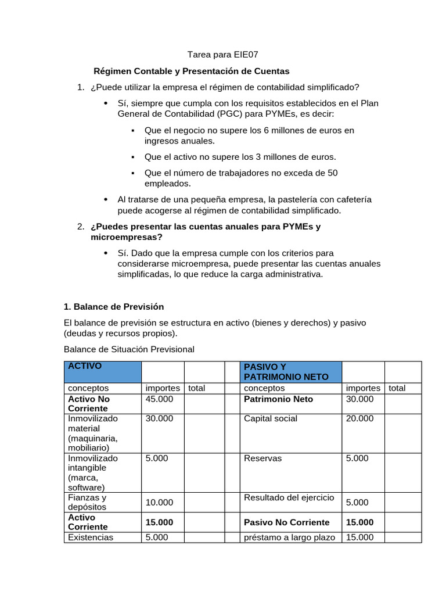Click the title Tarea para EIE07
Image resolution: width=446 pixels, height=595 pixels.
pos(222,55)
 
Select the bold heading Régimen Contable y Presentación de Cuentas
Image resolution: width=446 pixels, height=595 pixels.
pos(192,71)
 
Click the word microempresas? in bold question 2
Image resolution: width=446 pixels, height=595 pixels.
pos(127,237)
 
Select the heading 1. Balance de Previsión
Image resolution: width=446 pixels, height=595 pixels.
pos(114,306)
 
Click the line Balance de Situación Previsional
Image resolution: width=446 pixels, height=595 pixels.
pos(129,349)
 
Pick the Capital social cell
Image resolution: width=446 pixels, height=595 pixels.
pos(271,418)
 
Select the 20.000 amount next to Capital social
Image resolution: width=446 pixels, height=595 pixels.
pos(359,418)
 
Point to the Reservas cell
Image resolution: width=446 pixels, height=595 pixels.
pos(262,458)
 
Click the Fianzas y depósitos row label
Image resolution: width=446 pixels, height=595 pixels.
pos(87,502)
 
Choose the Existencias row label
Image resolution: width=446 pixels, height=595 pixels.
pos(91,537)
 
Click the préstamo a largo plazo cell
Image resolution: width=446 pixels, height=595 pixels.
pos(289,537)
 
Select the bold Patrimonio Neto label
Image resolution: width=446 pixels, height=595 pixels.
pos(278,399)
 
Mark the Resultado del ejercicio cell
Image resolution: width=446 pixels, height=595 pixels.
pos(289,497)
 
